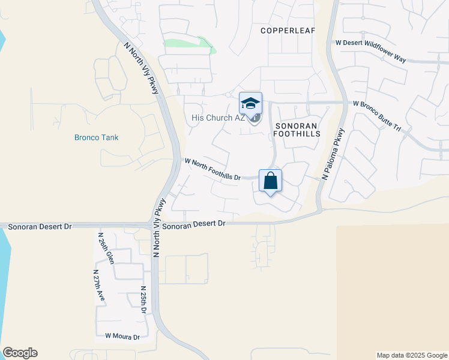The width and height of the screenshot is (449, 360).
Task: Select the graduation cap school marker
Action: point(250,103)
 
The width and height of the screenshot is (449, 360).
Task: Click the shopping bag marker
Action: point(271,180)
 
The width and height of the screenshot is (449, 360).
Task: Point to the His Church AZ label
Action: point(218,118)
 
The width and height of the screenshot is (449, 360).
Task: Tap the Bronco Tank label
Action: point(96,137)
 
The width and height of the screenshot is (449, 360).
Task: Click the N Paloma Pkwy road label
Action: point(334,155)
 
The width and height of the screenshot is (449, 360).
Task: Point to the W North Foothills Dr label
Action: point(212,169)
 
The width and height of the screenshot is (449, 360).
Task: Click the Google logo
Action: point(20,353)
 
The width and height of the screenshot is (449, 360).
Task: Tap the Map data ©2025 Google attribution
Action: point(411,355)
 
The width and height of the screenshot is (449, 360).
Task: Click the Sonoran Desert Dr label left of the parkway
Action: point(36,226)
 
